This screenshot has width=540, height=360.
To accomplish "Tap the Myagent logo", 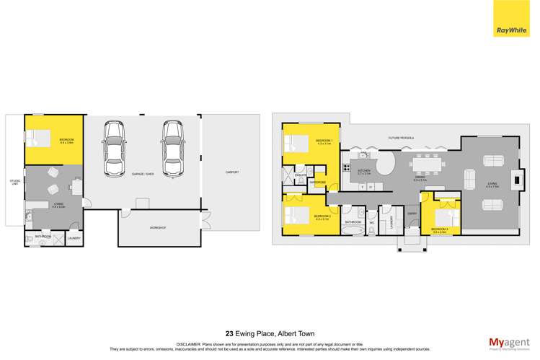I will (x=508, y=342).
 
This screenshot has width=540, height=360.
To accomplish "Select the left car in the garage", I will (x=115, y=147).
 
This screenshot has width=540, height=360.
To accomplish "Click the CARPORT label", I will (x=231, y=172).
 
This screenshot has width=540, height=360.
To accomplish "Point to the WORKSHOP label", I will (x=158, y=228).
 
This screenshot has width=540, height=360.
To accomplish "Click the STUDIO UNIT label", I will (x=15, y=182).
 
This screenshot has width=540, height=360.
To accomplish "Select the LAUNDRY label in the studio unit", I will (x=74, y=238).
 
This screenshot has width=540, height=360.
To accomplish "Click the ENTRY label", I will (x=412, y=213).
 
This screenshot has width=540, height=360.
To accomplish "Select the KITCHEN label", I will (x=364, y=170).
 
